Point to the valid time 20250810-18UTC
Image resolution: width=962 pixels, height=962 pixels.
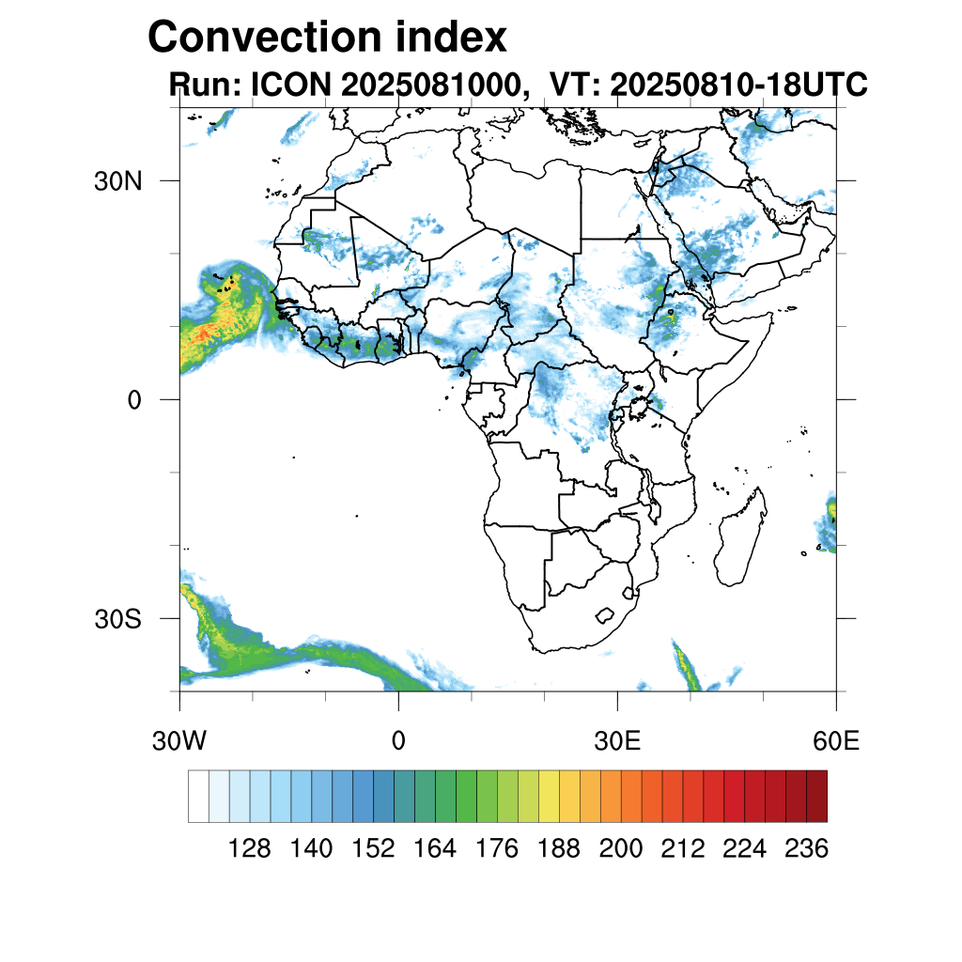coord(738,85)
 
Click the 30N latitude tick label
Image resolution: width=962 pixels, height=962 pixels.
coord(117,180)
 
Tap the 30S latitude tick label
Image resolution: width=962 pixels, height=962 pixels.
coord(117,619)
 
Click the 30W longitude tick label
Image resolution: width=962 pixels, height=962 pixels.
coord(179,741)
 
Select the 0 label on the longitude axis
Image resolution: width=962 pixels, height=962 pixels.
coord(398,741)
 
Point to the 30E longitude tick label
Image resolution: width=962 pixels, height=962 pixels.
coord(617,741)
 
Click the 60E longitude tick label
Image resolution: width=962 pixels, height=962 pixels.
coord(836,741)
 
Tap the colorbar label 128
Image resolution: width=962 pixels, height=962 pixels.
coord(250,849)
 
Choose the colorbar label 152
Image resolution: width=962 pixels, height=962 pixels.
coord(373,849)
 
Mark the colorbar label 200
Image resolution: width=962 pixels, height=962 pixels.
coord(620,849)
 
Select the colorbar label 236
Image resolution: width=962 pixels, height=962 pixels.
coord(805,849)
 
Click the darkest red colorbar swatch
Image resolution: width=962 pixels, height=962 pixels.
coord(816,796)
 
